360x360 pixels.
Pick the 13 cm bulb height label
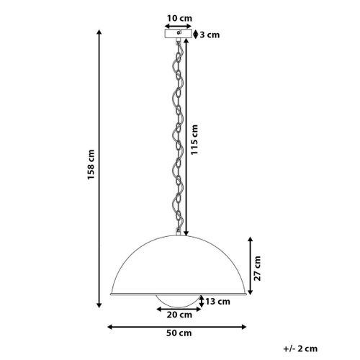214,301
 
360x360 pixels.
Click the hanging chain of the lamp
176,137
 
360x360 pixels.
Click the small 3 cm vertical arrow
197,34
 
